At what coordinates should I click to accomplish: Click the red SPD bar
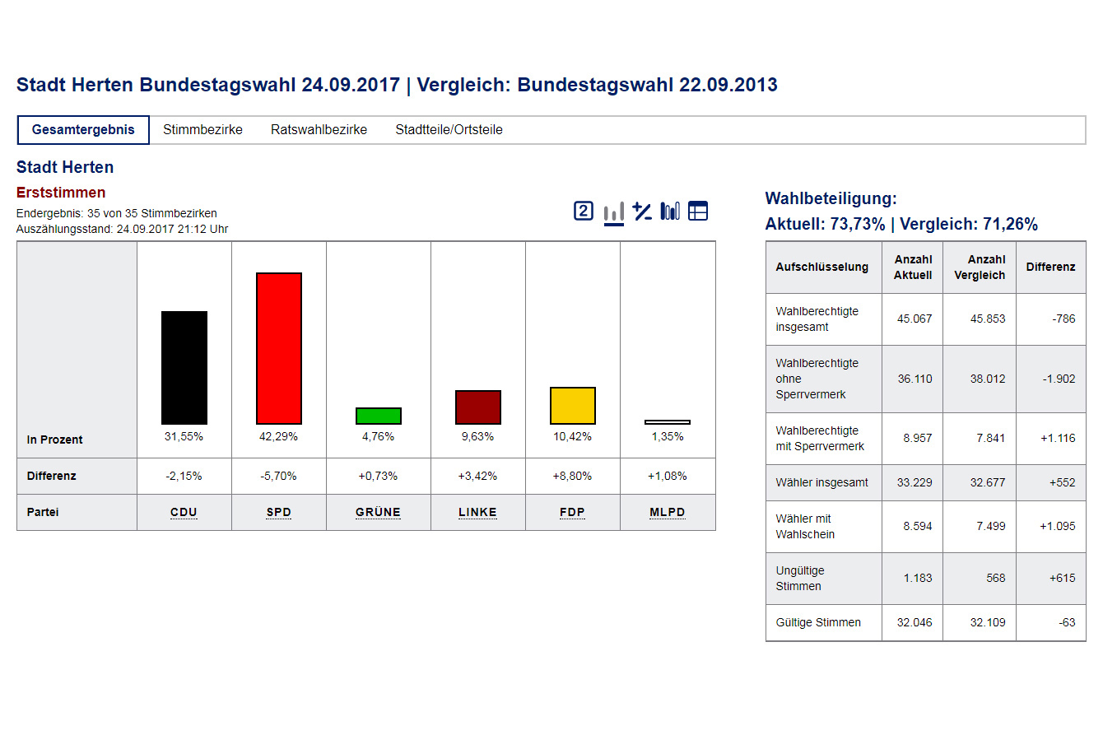(279, 348)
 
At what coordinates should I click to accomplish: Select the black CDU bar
(184, 367)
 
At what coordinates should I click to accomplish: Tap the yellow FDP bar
(573, 406)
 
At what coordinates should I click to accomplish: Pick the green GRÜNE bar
(379, 416)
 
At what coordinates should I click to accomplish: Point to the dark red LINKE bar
(478, 407)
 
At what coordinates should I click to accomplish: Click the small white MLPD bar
(668, 422)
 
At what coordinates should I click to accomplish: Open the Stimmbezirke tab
(202, 130)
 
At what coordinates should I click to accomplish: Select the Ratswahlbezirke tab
(319, 130)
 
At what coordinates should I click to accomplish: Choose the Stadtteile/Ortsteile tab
(449, 130)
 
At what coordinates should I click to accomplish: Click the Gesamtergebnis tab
(83, 130)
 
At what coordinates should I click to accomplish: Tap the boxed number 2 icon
(584, 212)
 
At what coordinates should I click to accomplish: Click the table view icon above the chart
(698, 212)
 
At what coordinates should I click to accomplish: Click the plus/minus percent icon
(642, 212)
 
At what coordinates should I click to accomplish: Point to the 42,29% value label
(278, 437)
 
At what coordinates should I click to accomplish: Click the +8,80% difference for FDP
(572, 476)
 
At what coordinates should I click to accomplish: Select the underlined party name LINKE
(477, 512)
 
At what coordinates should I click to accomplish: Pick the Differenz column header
(1050, 267)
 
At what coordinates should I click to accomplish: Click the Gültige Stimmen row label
(818, 623)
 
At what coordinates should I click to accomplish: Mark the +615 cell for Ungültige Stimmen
(1062, 578)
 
